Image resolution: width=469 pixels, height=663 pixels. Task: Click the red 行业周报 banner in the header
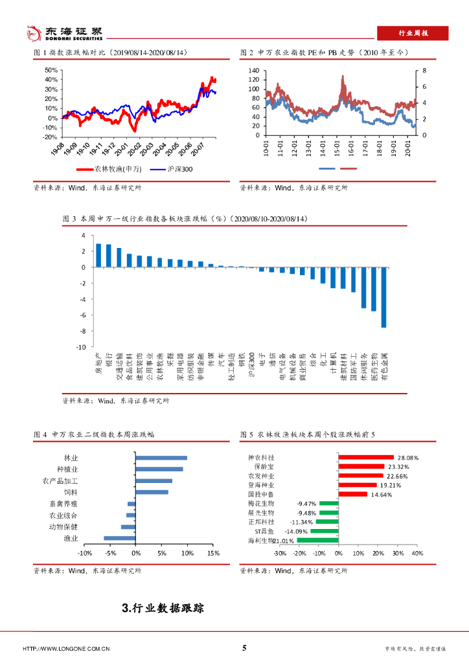pos(413,33)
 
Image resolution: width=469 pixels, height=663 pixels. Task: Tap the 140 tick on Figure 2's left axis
pos(253,70)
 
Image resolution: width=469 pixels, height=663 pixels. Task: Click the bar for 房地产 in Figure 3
pos(98,255)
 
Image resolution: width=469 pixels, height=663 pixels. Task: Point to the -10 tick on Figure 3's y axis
pos(80,347)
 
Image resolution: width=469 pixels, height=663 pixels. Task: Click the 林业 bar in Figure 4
pos(161,458)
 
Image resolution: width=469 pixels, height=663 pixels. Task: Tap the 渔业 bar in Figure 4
pos(120,538)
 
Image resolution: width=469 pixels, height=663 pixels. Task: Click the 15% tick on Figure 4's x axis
pos(214,553)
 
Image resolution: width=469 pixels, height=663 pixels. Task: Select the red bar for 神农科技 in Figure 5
pos(366,457)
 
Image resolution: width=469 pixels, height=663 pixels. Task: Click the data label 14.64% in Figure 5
pos(382,494)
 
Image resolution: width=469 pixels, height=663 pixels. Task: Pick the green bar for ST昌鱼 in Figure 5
pos(325,531)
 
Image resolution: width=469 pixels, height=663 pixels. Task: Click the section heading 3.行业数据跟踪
pos(163,608)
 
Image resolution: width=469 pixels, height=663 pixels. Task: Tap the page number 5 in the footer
pos(244,648)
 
